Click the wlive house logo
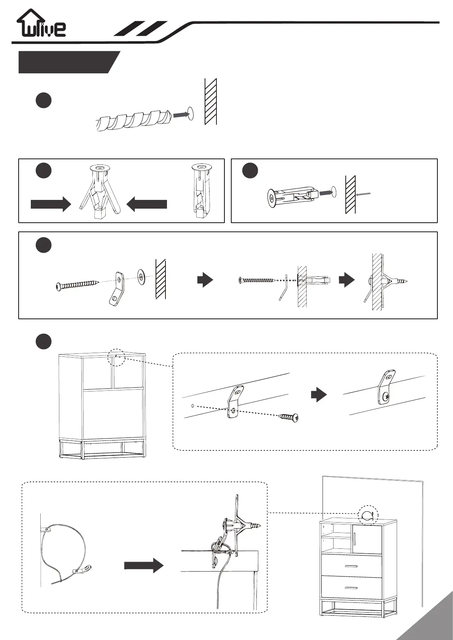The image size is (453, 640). click(41, 24)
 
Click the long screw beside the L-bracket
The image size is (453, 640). click(78, 285)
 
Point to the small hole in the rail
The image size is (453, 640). click(193, 406)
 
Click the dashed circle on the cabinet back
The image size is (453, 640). click(116, 357)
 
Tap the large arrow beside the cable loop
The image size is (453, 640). click(144, 566)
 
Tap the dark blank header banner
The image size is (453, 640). click(67, 62)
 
